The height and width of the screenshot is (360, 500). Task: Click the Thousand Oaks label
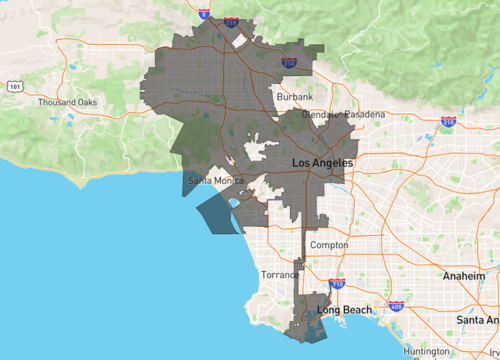pos(68,103)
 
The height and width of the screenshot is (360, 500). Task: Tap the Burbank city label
pos(295,97)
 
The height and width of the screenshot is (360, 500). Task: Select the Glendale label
pos(320,115)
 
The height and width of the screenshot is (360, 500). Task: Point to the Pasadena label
pos(365,115)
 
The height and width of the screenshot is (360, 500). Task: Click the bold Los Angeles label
pos(321,162)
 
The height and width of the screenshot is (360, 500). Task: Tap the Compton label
pos(329,245)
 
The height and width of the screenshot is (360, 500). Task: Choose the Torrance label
pos(280,275)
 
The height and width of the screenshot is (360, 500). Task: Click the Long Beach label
pos(344,310)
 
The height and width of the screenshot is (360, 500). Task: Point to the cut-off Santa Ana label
pos(480,320)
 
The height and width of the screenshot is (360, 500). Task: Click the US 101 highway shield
pos(14,87)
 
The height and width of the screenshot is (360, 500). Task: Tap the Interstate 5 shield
pos(204,15)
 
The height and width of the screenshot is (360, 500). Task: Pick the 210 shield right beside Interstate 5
pos(231,20)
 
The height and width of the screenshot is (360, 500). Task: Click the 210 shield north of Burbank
pos(289,62)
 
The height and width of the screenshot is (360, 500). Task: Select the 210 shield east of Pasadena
pos(448,122)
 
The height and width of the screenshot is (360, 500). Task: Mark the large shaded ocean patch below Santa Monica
pos(219,213)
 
